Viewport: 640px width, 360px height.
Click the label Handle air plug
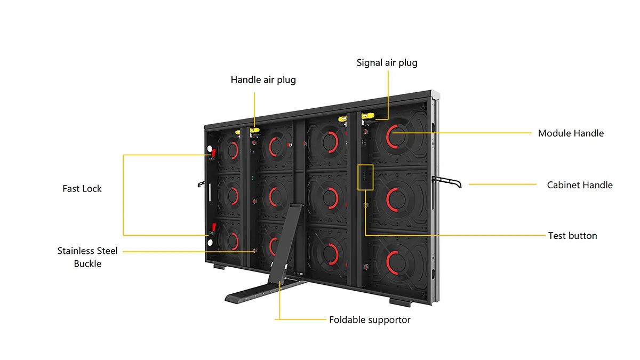pyautogui.click(x=263, y=80)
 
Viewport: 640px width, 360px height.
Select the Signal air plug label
pyautogui.click(x=387, y=63)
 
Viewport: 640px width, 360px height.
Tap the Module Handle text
pyautogui.click(x=571, y=133)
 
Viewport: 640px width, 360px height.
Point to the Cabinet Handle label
pyautogui.click(x=580, y=185)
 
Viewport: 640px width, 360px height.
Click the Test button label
pyautogui.click(x=572, y=236)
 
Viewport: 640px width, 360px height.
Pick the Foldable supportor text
pyautogui.click(x=370, y=320)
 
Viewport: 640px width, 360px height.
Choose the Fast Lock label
pyautogui.click(x=82, y=188)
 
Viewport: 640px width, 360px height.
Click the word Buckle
pyautogui.click(x=87, y=263)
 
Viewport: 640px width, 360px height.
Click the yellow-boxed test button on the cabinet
pyautogui.click(x=365, y=177)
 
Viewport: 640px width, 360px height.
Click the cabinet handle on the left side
pyautogui.click(x=201, y=185)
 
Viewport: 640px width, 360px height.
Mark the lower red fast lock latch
pyautogui.click(x=213, y=227)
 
